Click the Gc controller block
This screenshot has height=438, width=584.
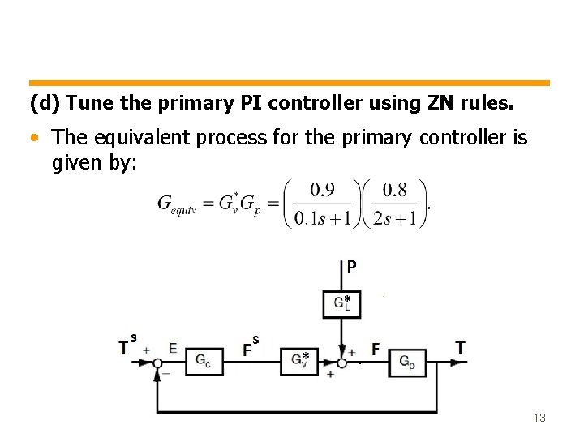(x=204, y=363)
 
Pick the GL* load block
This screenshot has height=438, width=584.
(x=341, y=303)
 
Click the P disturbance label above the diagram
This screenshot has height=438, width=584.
(x=351, y=266)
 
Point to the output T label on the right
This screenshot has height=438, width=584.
(x=460, y=348)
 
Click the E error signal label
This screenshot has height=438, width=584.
(x=173, y=348)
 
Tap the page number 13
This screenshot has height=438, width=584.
(x=539, y=418)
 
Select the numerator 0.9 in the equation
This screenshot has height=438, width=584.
(x=323, y=191)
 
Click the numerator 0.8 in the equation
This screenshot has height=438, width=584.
(x=394, y=191)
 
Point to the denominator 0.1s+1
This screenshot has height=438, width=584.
(x=323, y=218)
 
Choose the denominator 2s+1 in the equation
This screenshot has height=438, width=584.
(x=395, y=218)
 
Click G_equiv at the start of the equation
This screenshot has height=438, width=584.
(x=176, y=204)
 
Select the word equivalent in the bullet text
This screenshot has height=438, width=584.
(x=129, y=138)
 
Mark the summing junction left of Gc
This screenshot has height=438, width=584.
(x=157, y=363)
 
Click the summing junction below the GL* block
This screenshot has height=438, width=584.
(x=341, y=363)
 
